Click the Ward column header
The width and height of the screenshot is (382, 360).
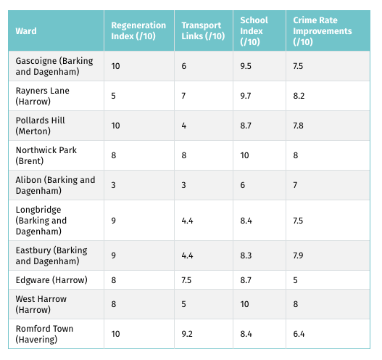tap(26, 31)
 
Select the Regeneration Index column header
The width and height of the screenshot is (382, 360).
tap(138, 30)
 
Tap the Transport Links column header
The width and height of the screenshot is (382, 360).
tap(203, 30)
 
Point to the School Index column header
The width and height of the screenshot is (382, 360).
tap(254, 31)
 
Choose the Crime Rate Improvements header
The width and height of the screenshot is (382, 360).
tap(323, 31)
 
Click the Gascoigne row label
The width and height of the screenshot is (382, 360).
tap(54, 66)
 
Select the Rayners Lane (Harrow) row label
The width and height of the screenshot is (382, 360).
tap(42, 96)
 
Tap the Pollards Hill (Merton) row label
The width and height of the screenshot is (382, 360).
tap(40, 126)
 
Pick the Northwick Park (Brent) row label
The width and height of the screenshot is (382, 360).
tap(46, 155)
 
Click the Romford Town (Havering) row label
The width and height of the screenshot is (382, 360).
tap(44, 334)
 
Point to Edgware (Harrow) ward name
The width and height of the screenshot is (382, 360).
tap(51, 280)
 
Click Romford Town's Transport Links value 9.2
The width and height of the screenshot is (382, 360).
tap(187, 334)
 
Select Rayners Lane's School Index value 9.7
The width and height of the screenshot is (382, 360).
tap(246, 96)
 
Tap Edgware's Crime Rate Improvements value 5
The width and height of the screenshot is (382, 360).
tap(295, 280)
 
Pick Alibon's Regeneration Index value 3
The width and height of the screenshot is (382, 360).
tap(114, 185)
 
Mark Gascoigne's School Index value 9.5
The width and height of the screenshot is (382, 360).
tap(246, 66)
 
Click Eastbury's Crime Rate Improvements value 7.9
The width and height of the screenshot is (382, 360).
tap(298, 255)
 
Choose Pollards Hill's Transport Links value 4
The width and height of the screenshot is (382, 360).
tap(183, 126)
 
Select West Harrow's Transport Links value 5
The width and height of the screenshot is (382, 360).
tap(183, 304)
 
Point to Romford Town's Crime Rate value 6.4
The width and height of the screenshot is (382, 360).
tap(299, 334)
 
